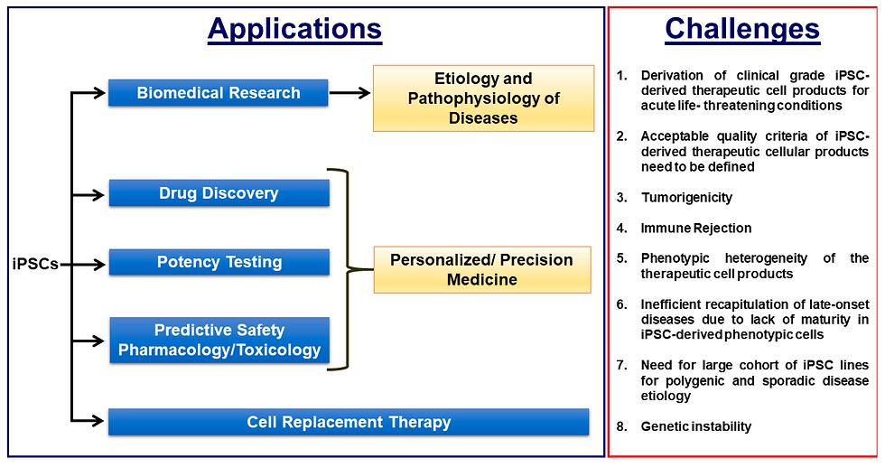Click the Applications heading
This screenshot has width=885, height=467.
click(294, 30)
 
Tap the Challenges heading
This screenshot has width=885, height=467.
click(742, 30)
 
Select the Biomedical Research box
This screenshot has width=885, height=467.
click(218, 93)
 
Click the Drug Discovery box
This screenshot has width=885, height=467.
click(219, 193)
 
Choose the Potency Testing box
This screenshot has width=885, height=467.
click(219, 262)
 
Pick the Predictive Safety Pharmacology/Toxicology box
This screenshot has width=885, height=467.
click(219, 340)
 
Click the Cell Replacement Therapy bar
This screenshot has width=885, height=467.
click(349, 422)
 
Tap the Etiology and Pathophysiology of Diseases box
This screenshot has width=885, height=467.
click(484, 98)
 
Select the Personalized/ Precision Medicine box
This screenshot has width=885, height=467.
click(482, 270)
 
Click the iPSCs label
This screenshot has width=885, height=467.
click(35, 264)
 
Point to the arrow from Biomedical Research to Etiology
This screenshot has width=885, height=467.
click(350, 93)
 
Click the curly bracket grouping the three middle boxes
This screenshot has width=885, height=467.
click(347, 269)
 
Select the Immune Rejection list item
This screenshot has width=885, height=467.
click(696, 229)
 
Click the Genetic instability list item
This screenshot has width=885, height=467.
click(696, 426)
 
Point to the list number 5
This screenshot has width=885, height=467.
click(621, 258)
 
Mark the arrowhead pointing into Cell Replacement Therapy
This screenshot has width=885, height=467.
click(98, 420)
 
